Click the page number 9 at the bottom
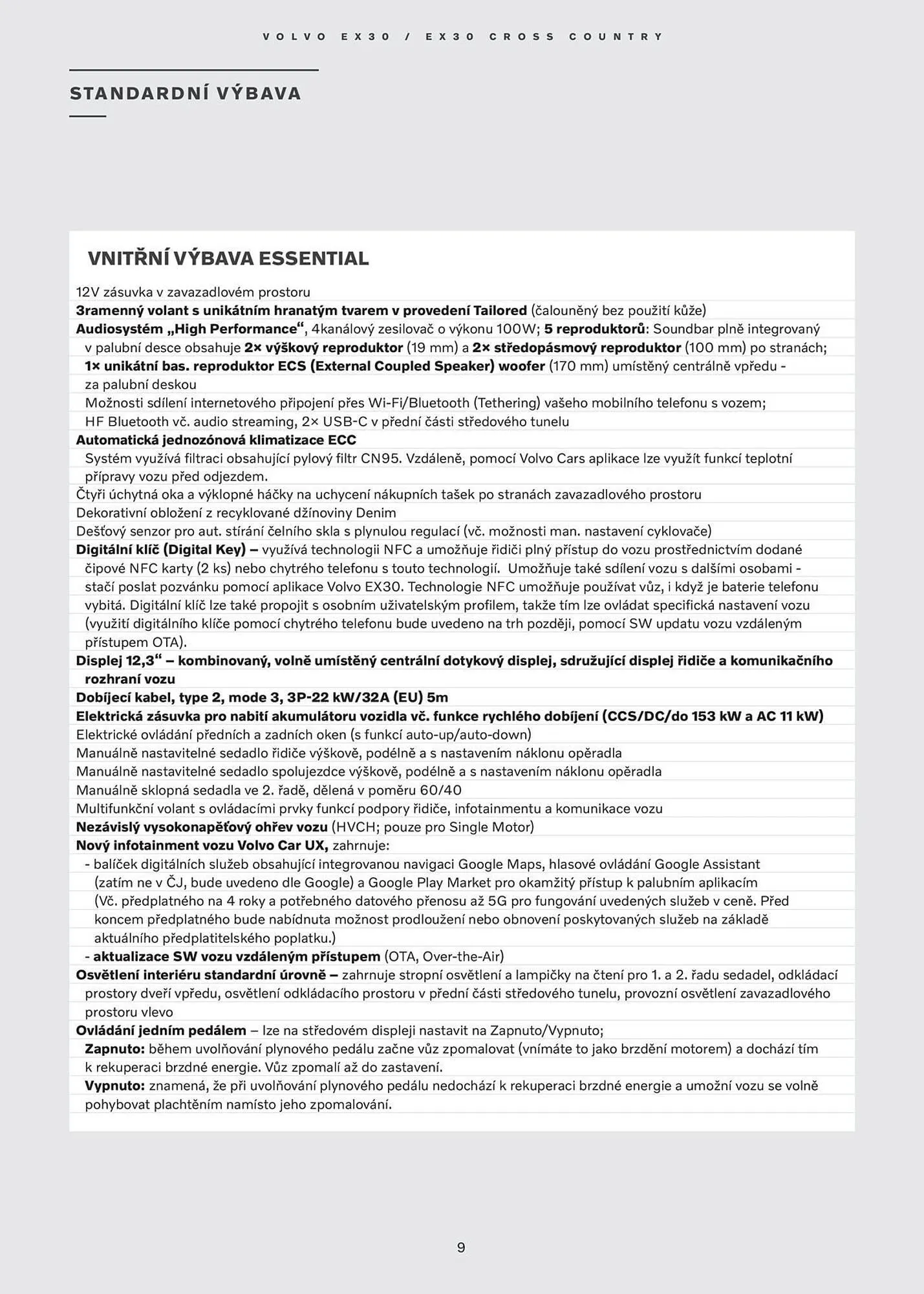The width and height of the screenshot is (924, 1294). (x=461, y=1247)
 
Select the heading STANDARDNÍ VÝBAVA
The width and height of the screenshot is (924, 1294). (x=186, y=94)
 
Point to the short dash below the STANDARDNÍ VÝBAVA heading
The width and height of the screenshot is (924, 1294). (x=87, y=116)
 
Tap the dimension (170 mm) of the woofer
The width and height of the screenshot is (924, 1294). (x=579, y=366)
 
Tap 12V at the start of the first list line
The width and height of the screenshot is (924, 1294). (x=86, y=292)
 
